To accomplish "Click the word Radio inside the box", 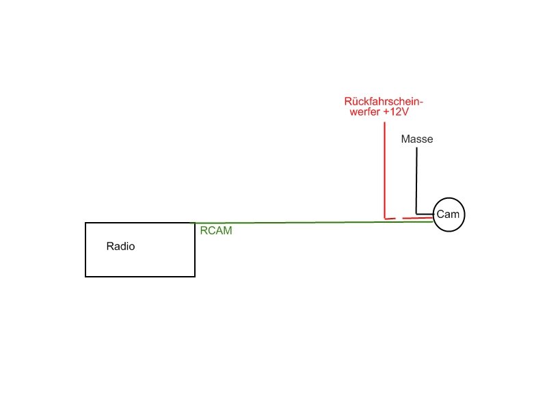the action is [120, 246].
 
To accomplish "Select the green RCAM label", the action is [216, 230].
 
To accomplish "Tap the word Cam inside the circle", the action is [448, 214].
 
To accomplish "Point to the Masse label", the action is [417, 139].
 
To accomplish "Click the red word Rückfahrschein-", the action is [384, 101].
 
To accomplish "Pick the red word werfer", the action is [365, 112].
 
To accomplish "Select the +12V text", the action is [396, 112].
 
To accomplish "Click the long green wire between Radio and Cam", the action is [314, 222].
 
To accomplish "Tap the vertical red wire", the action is [384, 170].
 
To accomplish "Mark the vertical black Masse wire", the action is [416, 180].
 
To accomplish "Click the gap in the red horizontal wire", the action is [399, 219].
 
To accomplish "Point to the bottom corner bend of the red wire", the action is [385, 218].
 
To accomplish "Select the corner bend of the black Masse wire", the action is [416, 214].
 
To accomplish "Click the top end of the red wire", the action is [384, 122].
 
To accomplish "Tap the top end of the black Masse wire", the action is [416, 148].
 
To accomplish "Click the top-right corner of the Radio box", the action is [195, 223].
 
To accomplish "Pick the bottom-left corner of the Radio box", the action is [85, 277].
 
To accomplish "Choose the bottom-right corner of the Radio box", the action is [195, 277].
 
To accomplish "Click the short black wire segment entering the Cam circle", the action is [425, 214].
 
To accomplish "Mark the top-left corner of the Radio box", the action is [85, 223].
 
